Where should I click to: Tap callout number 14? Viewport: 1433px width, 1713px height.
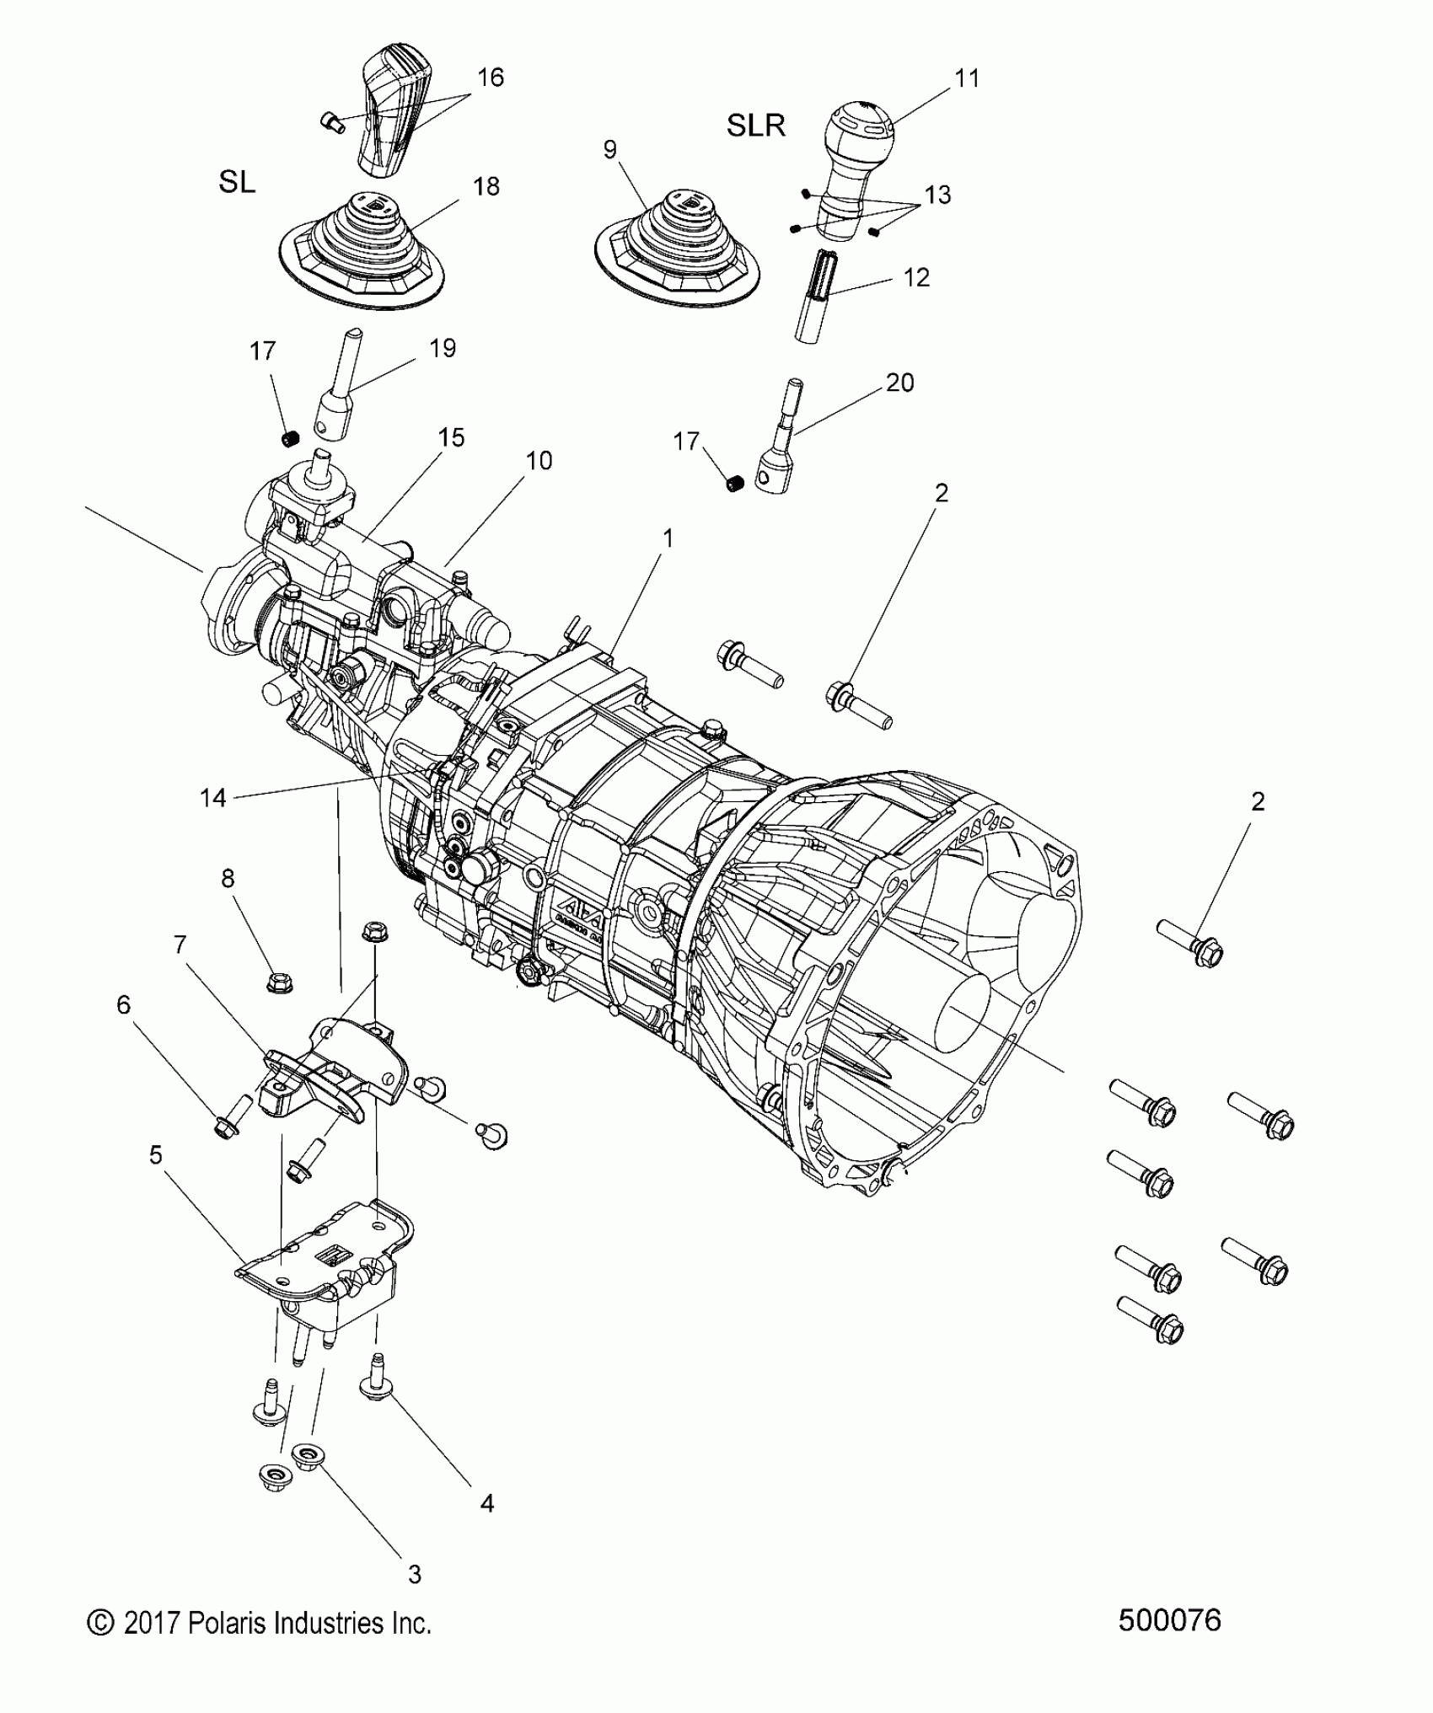click(213, 797)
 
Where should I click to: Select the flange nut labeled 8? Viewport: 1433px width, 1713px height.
click(277, 982)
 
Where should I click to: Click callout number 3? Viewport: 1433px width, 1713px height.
click(413, 1573)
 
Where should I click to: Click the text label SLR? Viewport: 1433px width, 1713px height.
click(756, 126)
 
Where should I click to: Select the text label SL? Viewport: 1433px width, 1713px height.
click(237, 183)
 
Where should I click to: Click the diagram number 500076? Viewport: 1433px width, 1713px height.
click(1169, 1619)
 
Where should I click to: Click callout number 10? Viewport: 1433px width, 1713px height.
click(539, 461)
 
